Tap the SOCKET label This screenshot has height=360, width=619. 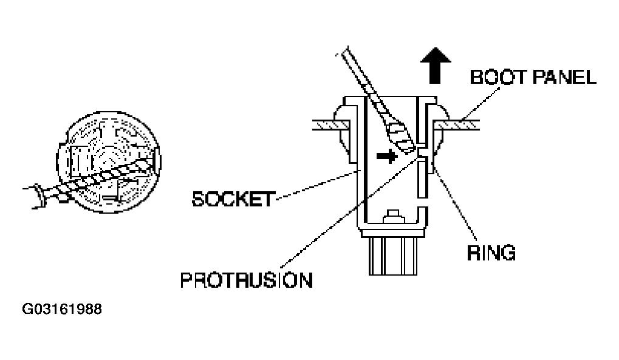tap(233, 199)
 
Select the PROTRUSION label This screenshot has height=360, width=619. tap(247, 280)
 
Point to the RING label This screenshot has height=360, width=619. tap(491, 253)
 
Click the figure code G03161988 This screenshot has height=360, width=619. tap(62, 309)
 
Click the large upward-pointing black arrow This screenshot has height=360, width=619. tap(436, 66)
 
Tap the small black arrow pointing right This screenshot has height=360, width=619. tap(387, 156)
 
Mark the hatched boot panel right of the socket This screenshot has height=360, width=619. tap(457, 125)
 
